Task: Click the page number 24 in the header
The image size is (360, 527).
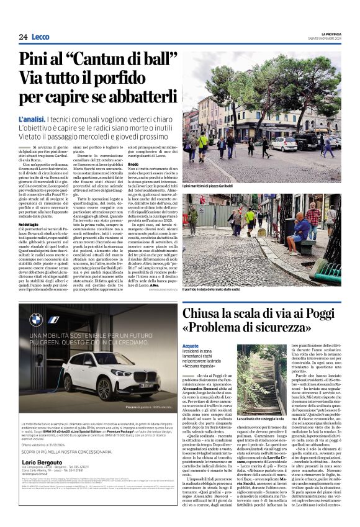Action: (23, 38)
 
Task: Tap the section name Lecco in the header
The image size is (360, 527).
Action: (41, 38)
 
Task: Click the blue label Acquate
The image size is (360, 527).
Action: (191, 345)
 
